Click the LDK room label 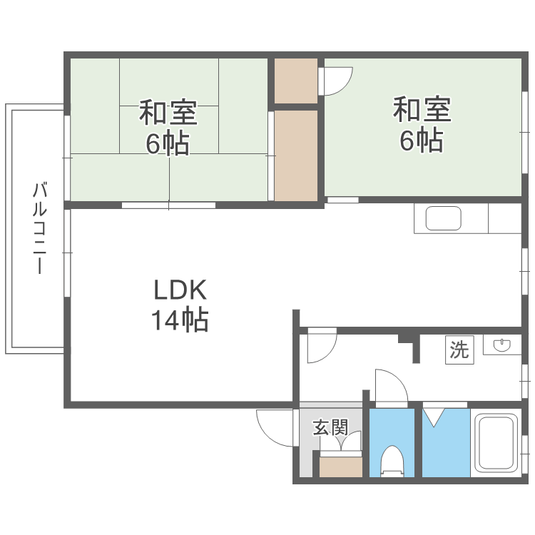(x=180, y=290)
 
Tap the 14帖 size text (x=179, y=320)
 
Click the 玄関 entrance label (x=330, y=428)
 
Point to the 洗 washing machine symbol (x=459, y=350)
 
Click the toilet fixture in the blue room (x=392, y=459)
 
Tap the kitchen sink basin (x=443, y=219)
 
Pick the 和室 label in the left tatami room (x=168, y=113)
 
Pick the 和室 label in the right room (x=422, y=110)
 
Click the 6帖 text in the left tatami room (x=168, y=143)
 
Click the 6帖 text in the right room (x=421, y=141)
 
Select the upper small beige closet (x=296, y=81)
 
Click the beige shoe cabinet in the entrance (x=341, y=466)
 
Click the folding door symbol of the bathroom (x=434, y=417)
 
